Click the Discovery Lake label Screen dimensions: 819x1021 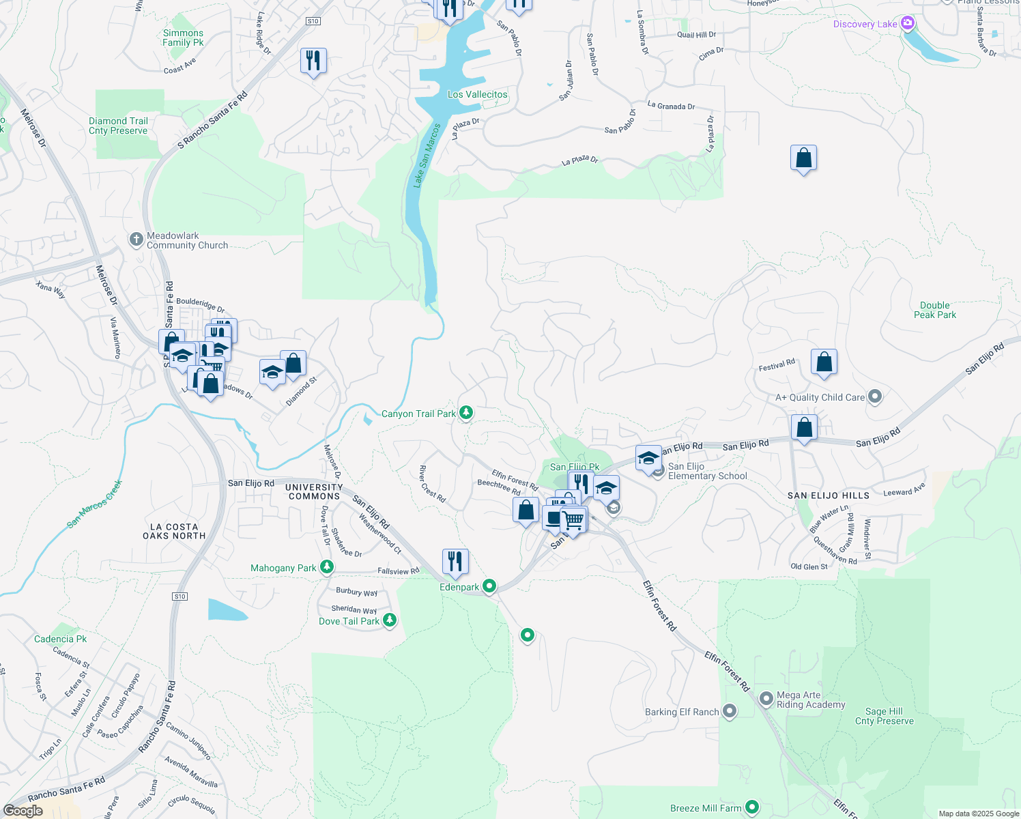(x=865, y=25)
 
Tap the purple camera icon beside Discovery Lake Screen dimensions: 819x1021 (x=907, y=24)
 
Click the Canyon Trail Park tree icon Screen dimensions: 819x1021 (x=465, y=413)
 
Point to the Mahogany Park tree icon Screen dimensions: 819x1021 (x=327, y=567)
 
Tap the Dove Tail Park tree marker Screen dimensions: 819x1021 (x=389, y=620)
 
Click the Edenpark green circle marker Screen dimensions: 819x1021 (x=489, y=586)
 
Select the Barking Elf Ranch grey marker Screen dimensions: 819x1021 (x=730, y=711)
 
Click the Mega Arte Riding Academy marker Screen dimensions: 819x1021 (x=766, y=699)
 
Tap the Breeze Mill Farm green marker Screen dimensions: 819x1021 (x=752, y=807)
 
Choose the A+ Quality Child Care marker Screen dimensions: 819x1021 (x=876, y=397)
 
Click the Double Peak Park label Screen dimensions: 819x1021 (x=934, y=310)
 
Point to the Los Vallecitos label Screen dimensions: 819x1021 (x=477, y=94)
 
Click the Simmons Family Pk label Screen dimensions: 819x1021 (x=183, y=38)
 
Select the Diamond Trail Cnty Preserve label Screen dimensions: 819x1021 (x=118, y=126)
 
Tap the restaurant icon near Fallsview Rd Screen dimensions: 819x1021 (x=455, y=562)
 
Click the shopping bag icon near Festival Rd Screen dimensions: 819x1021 (x=824, y=362)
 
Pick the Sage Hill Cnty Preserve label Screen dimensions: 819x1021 (x=884, y=716)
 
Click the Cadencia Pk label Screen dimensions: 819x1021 (x=60, y=639)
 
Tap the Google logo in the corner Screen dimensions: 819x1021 (x=23, y=810)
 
